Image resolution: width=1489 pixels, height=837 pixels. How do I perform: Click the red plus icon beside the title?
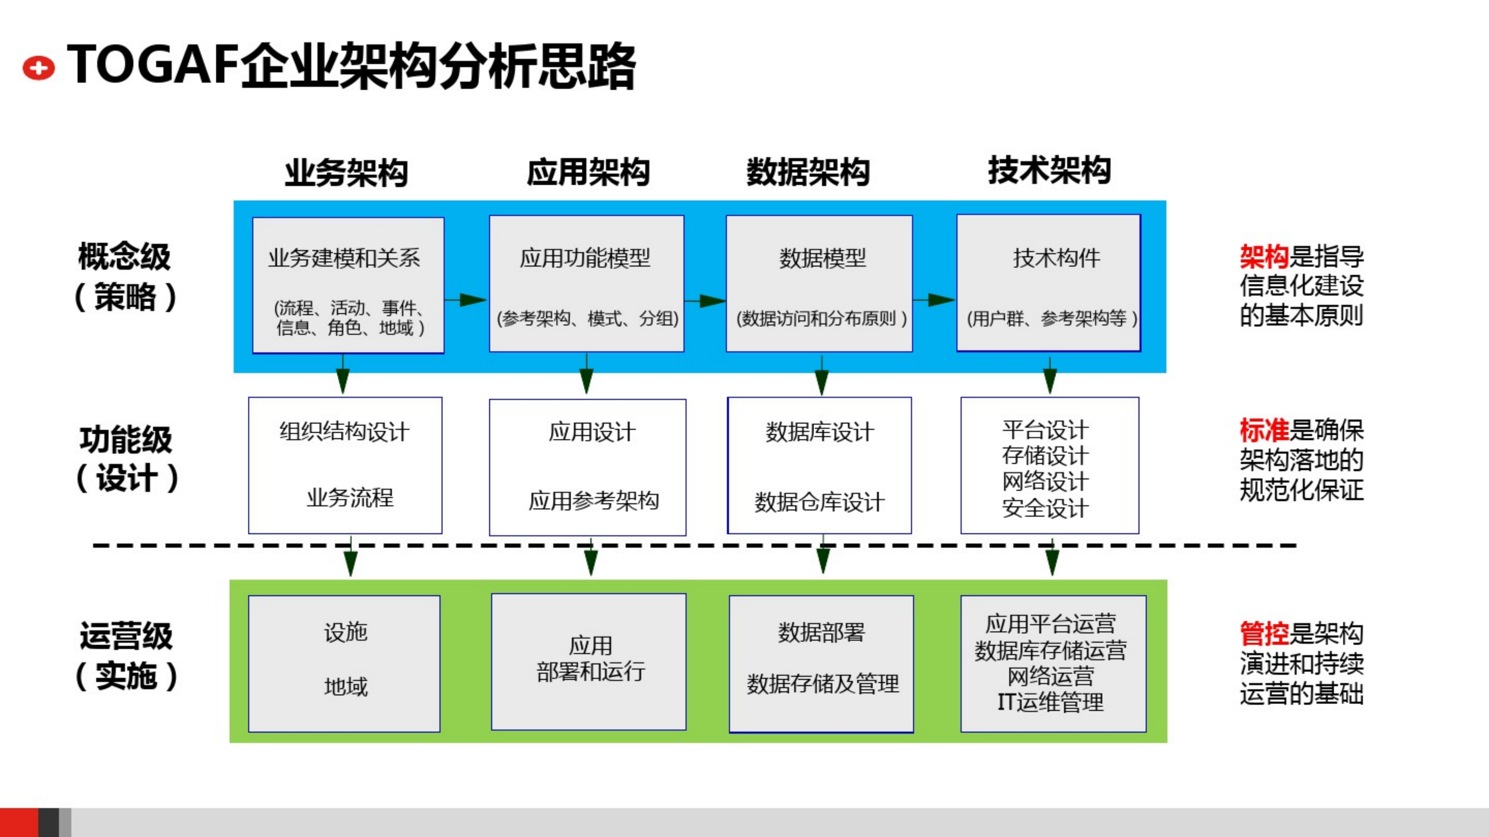tap(38, 68)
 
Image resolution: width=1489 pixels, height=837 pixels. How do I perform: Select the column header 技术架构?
tap(1049, 171)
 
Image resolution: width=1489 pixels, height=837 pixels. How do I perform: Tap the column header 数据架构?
tap(808, 172)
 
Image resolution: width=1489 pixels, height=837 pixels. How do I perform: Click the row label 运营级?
tap(126, 636)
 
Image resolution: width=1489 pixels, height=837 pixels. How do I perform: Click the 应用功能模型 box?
tap(586, 283)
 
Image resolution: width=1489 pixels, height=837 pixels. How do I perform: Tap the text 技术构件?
tap(1056, 258)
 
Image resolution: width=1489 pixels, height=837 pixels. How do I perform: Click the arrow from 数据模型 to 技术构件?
tap(934, 300)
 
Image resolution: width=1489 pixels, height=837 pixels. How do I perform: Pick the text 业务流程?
tap(350, 498)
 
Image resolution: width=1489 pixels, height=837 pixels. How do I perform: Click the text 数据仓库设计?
tap(819, 502)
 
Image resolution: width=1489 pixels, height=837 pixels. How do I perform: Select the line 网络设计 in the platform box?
tap(1045, 481)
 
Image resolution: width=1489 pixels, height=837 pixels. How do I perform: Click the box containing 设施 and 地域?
tap(344, 663)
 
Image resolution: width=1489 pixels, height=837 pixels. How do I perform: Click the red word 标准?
tap(1264, 430)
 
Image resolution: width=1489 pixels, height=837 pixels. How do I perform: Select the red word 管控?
tap(1264, 634)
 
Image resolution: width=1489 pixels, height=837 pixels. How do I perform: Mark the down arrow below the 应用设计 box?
tap(591, 557)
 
